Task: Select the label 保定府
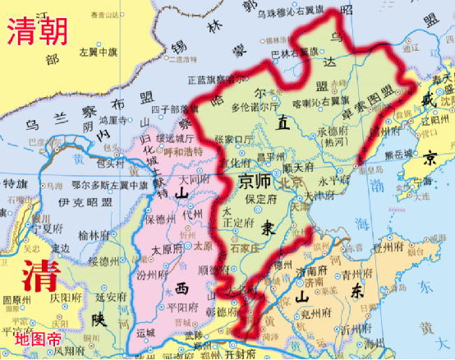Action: [260, 196]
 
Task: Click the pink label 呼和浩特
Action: [184, 151]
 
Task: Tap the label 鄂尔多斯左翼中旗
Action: [102, 185]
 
